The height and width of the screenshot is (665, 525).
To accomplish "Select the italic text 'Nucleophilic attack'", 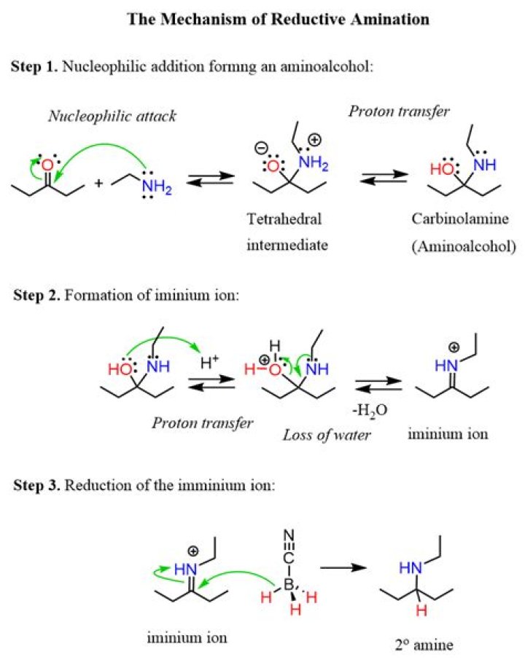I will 112,116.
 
